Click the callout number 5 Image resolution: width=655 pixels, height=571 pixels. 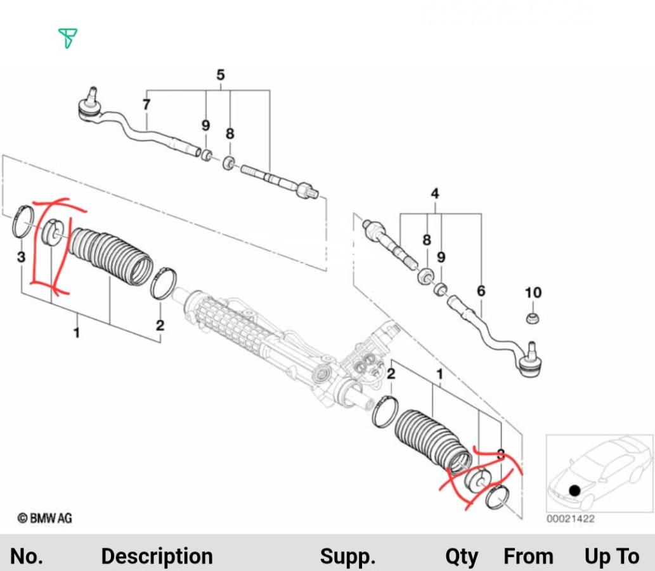(220, 75)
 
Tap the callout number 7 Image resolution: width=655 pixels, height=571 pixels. (146, 104)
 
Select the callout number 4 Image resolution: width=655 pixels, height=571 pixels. (435, 194)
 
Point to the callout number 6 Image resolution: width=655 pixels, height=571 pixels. (481, 291)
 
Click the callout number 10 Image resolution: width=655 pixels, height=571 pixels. (533, 292)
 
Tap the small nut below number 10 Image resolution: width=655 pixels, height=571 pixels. (533, 317)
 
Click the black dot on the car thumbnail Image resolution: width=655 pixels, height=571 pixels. (574, 490)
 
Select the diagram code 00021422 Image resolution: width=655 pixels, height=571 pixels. (571, 519)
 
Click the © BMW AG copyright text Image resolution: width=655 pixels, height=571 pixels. (44, 518)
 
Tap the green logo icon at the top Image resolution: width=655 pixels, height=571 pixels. (67, 38)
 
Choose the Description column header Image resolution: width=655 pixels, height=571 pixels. (157, 556)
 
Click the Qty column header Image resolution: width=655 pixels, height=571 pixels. (461, 556)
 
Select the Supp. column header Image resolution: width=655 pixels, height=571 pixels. (347, 556)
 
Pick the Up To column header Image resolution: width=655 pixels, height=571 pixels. (611, 556)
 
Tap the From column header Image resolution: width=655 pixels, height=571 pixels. (528, 556)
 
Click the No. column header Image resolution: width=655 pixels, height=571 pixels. (27, 556)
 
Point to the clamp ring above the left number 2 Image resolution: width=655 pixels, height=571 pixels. (163, 283)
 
